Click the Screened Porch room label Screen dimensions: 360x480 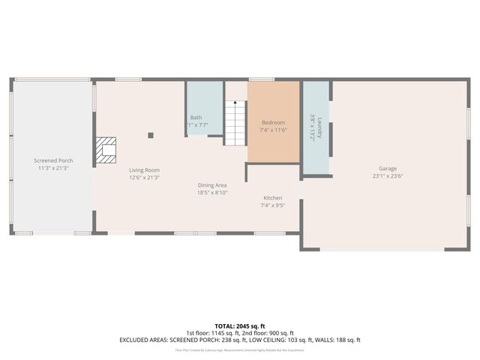(53, 160)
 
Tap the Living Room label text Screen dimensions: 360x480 (144, 170)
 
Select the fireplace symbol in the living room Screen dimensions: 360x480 (108, 151)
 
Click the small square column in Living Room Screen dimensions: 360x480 (151, 136)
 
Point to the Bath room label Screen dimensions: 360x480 (196, 117)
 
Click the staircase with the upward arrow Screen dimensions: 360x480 (235, 123)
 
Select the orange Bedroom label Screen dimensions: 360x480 (273, 122)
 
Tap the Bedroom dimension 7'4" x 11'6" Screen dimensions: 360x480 (273, 130)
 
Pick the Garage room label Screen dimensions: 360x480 (388, 169)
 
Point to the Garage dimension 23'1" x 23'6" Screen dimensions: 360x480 (388, 176)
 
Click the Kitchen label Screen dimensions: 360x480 (272, 197)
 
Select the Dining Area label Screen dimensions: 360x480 (212, 184)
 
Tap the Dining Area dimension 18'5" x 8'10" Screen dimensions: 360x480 (212, 193)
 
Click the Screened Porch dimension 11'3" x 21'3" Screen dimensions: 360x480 (53, 168)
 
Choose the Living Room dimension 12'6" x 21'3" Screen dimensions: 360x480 (144, 178)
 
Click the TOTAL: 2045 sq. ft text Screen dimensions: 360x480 (240, 325)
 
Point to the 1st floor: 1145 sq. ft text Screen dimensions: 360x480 (212, 332)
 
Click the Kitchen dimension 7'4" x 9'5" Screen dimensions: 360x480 (272, 205)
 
